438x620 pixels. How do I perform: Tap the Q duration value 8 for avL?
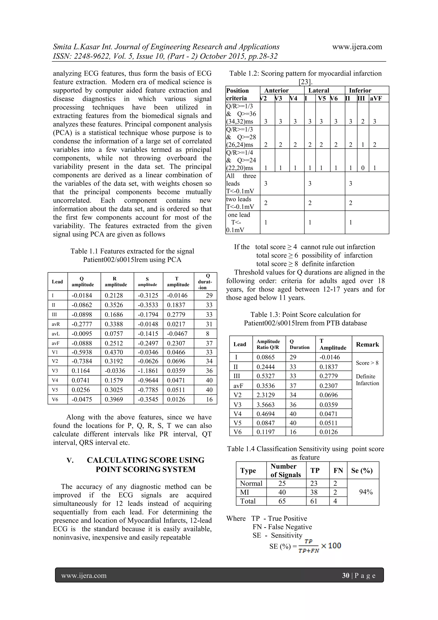tap(207, 334)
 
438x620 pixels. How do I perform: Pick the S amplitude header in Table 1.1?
tap(147, 282)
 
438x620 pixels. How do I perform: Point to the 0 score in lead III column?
tap(363, 168)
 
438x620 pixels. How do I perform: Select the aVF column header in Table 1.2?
tap(376, 98)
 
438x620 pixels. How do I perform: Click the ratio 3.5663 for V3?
tap(266, 404)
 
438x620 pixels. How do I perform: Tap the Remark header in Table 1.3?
tap(367, 344)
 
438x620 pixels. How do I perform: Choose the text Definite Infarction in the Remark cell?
tap(367, 380)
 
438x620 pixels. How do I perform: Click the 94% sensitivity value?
tap(366, 492)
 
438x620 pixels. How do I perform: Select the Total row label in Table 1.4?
tap(248, 501)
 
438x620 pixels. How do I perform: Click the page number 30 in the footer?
tap(345, 575)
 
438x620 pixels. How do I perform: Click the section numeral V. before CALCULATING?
tap(70, 460)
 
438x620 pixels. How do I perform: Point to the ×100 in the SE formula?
tap(331, 546)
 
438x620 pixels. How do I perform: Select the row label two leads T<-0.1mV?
tap(240, 203)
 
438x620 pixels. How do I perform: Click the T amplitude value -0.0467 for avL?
tap(177, 334)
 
